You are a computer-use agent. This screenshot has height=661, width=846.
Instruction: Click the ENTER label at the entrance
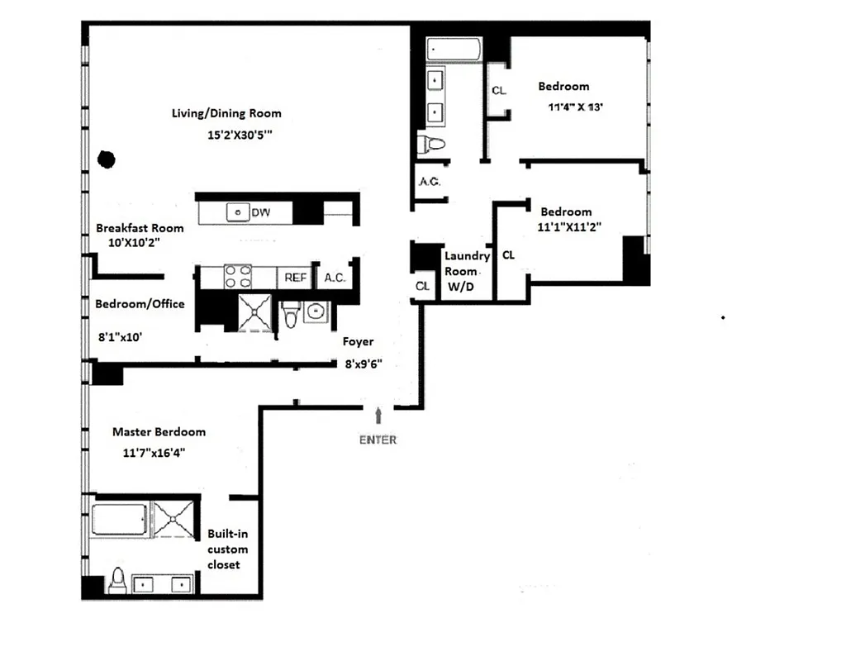point(378,440)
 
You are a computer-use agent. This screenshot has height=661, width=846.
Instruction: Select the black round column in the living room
point(106,159)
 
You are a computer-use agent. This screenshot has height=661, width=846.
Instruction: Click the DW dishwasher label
point(260,213)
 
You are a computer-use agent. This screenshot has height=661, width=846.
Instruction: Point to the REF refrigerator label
point(296,278)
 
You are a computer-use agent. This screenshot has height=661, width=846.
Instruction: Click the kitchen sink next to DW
point(238,212)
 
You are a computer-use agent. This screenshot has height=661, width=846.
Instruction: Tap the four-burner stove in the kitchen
point(238,276)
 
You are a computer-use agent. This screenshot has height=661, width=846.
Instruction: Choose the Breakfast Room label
point(140,228)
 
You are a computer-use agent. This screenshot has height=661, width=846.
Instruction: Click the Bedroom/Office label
point(140,304)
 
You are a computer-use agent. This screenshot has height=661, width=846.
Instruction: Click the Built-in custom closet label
point(227,549)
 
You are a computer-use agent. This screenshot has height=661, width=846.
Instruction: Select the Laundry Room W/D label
point(467,271)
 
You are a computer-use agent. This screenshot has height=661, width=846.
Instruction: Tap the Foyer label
point(359,341)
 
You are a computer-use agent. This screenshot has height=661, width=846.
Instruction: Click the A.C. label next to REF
point(335,278)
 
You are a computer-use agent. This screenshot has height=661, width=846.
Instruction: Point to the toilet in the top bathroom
point(430,145)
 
